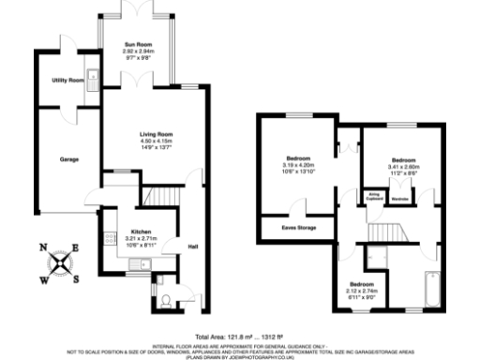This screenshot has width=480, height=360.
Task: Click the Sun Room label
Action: (x=138, y=44)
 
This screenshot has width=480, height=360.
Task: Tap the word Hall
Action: (x=193, y=247)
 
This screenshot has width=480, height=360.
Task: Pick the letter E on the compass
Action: (x=76, y=248)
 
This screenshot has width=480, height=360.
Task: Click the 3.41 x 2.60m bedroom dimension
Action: (x=405, y=166)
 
